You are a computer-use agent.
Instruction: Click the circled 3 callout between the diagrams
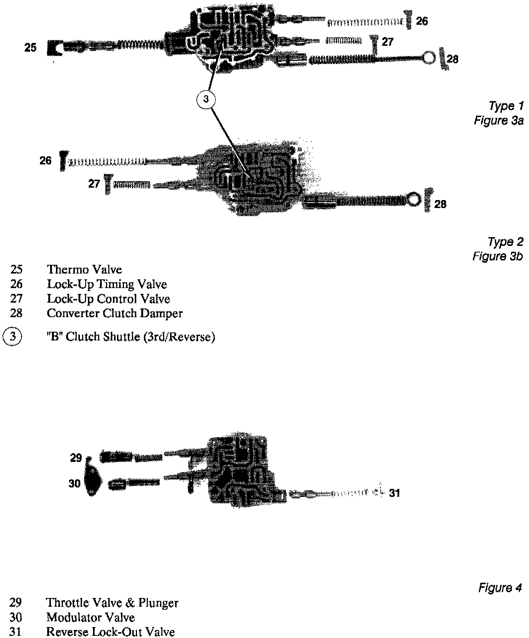206,99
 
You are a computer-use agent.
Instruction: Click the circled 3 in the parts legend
12,336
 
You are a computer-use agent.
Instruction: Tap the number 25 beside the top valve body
31,48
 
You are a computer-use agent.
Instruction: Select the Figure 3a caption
498,120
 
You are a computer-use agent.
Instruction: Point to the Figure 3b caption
497,256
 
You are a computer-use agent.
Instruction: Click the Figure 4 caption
500,588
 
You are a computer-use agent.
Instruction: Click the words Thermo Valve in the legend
84,270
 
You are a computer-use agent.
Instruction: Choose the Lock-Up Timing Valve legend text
107,284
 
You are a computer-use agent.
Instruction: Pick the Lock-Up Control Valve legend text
108,299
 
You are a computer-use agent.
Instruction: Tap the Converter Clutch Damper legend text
114,313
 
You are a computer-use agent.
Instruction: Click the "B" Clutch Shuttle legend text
131,337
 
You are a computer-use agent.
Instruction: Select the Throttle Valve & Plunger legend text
112,603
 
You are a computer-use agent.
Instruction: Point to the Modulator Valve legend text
90,617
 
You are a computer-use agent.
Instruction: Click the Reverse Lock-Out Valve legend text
110,632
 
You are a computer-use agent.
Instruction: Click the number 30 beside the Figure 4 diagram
74,484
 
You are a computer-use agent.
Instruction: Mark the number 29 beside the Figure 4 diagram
76,458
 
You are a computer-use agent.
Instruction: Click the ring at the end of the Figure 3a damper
429,58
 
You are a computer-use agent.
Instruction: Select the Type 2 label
505,242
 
